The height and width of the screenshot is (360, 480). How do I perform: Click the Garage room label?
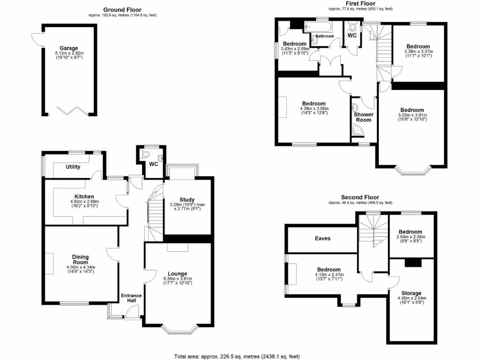point(68,48)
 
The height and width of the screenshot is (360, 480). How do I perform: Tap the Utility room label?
point(73,167)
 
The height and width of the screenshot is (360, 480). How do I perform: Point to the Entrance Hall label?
point(131,298)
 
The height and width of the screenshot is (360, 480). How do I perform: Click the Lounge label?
point(178,274)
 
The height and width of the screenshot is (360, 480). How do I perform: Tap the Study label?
point(187,200)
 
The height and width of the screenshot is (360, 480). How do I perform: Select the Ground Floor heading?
point(122,9)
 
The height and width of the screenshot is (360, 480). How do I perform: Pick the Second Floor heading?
point(360,197)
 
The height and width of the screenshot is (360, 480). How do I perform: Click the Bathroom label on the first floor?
point(324,36)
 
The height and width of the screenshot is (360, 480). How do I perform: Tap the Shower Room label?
point(363,117)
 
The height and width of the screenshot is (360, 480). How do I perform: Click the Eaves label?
point(322,239)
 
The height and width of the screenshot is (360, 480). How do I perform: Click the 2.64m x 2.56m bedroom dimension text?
point(411,237)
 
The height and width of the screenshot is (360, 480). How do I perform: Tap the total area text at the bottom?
point(237,355)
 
